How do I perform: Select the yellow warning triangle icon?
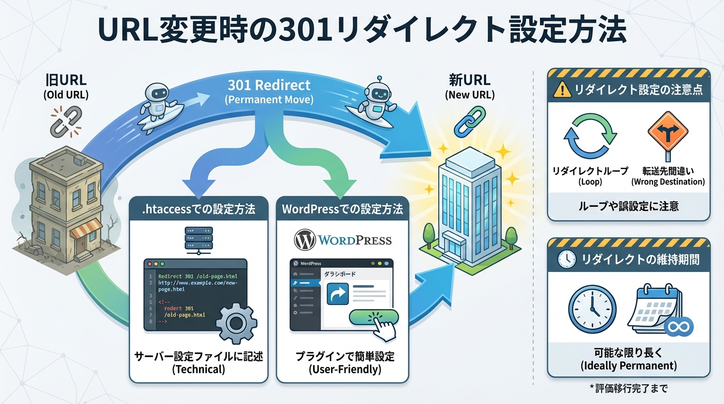point(563,90)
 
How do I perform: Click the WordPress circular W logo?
point(304,240)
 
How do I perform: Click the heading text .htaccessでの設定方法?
point(199,209)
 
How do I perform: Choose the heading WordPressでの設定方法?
point(343,209)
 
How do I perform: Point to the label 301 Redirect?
point(269,85)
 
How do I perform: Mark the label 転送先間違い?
point(668,171)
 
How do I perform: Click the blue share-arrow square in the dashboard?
point(337,294)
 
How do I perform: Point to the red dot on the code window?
point(149,263)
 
